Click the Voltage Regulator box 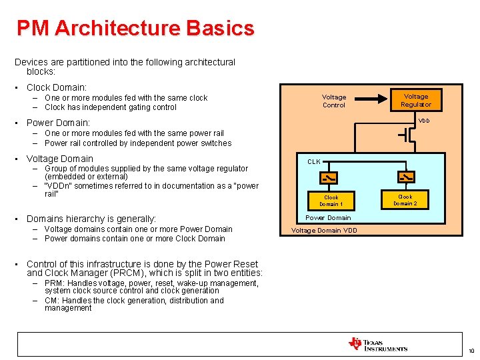point(416,100)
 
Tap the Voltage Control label point(334,101)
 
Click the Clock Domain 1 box point(331,201)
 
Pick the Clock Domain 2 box point(405,200)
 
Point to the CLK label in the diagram point(314,161)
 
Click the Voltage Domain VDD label point(324,231)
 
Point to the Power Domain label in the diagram point(328,217)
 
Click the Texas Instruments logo point(377,344)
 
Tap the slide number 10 point(470,351)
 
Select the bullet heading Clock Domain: point(57,87)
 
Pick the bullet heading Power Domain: point(58,123)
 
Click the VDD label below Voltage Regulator point(424,121)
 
